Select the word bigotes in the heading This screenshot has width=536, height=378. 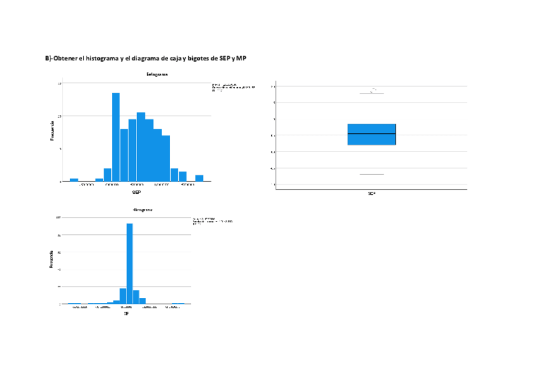point(198,59)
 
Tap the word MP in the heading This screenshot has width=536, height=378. point(241,59)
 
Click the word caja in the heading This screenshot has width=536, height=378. point(169,59)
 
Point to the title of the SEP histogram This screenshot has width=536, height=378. point(157,74)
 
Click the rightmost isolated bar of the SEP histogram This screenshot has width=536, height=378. point(199,178)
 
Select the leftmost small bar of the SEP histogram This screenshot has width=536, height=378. point(74,180)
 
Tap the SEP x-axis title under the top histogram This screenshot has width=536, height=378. point(136,191)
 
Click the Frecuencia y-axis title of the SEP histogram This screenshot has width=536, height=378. point(52,131)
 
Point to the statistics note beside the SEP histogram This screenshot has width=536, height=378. point(233,87)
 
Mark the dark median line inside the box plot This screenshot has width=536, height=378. point(372,134)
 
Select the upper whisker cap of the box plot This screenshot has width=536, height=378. point(372,93)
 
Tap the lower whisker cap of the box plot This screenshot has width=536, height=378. point(372,174)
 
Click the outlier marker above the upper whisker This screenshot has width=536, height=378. point(374,89)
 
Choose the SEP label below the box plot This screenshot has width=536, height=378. point(372,193)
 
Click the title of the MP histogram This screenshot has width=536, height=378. point(142,209)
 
